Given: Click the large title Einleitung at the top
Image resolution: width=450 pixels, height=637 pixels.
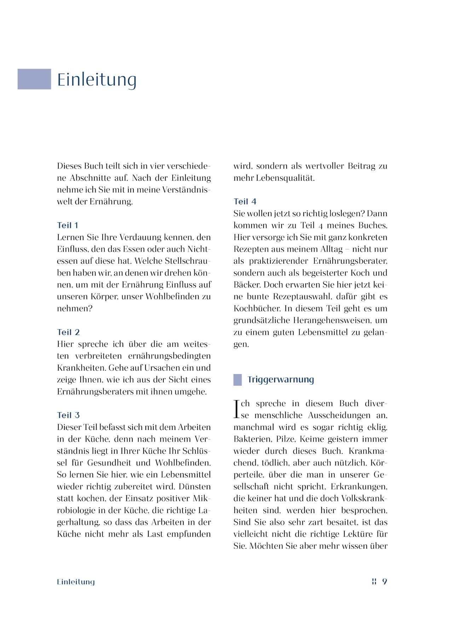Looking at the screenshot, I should tap(97, 79).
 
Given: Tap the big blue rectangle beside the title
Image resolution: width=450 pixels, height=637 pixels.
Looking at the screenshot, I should tap(34, 79).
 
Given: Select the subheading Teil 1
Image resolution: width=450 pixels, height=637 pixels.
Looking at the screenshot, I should tap(68, 225).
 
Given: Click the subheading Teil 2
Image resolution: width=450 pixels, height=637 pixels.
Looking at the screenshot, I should tap(68, 332).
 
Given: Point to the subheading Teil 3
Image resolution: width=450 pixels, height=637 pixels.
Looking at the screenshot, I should tap(68, 415).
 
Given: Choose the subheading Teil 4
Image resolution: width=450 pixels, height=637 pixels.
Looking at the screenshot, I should tap(245, 202).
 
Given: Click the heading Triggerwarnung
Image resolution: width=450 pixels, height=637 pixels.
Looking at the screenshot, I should tap(281, 379).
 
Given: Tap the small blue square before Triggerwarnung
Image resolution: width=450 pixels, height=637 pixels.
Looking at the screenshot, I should tap(237, 380).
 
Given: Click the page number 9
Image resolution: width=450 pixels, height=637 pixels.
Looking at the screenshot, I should tap(385, 582).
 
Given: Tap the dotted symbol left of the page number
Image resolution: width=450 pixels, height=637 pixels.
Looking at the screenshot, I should tap(374, 582).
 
